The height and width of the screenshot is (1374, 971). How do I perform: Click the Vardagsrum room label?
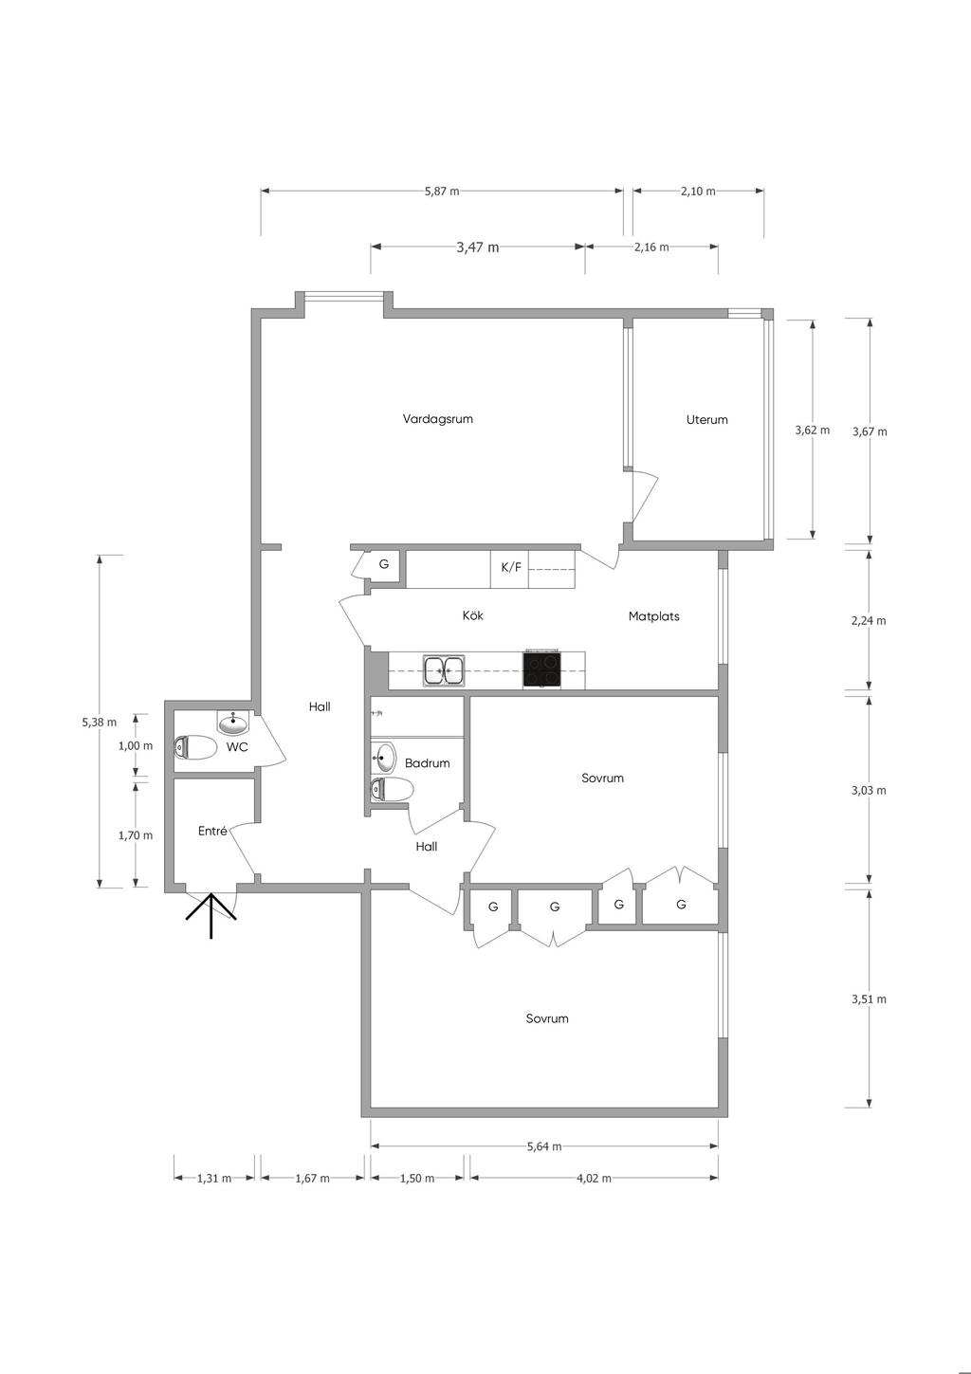437,419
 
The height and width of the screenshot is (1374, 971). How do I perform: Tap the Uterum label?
706,419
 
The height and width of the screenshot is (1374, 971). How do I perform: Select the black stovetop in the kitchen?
541,669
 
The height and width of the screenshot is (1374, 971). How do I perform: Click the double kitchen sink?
444,669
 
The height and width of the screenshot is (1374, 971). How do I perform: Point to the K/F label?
510,567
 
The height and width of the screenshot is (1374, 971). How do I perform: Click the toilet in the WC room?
194,747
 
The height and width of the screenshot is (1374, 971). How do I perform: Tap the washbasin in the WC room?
233,723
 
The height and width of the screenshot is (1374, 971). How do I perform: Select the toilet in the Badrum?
392,790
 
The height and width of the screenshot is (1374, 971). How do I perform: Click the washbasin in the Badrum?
384,757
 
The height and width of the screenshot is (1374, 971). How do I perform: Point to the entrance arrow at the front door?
211,916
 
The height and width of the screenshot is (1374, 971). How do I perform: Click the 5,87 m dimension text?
442,191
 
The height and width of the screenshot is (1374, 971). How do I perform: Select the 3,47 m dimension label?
477,247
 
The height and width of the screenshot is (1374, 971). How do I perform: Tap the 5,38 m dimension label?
100,722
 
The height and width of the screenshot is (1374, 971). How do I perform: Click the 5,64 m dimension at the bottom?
544,1146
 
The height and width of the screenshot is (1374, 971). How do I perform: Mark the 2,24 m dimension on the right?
869,620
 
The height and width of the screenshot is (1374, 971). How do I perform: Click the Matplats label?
654,616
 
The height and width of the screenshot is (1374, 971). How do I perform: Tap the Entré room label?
212,832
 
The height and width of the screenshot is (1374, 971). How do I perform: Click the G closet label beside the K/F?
383,563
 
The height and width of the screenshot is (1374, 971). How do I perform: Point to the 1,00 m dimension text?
136,746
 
